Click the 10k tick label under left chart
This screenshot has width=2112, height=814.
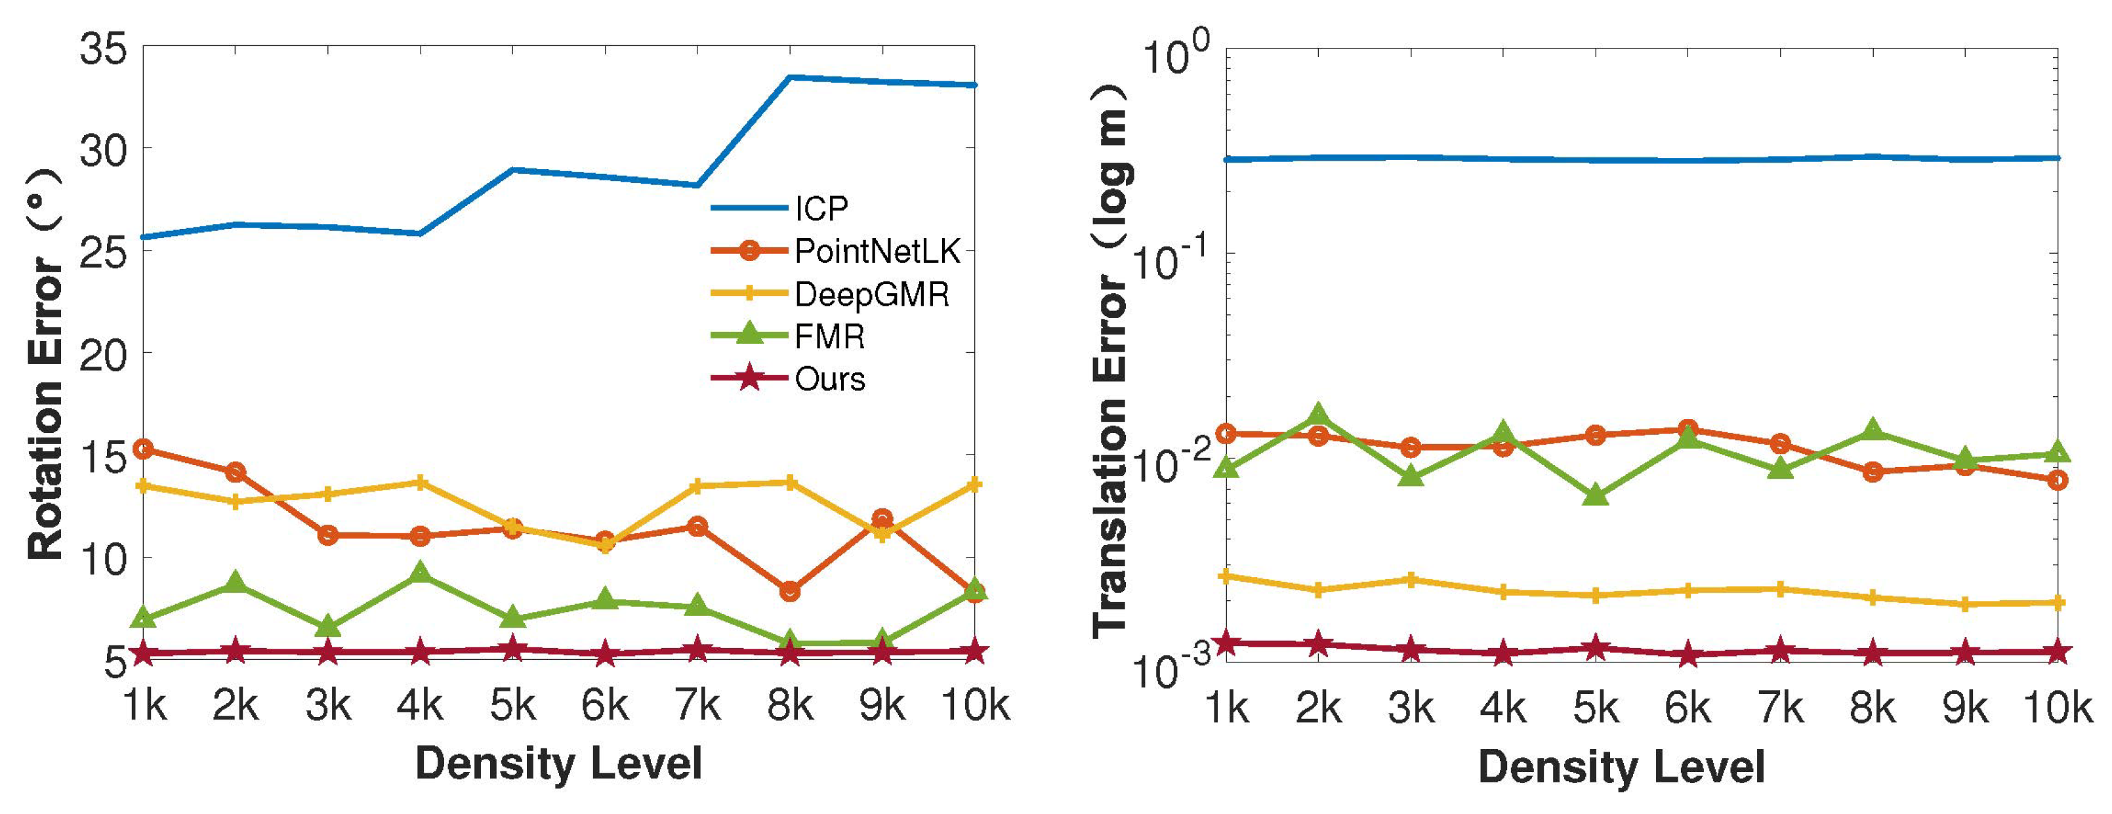(x=975, y=705)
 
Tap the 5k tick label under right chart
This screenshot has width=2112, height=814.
(x=1594, y=708)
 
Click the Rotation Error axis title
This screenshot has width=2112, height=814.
(x=45, y=365)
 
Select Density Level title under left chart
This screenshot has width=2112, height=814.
(x=558, y=764)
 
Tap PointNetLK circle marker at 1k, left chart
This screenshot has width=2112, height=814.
(x=144, y=449)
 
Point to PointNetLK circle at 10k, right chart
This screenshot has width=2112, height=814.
(x=2057, y=480)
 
